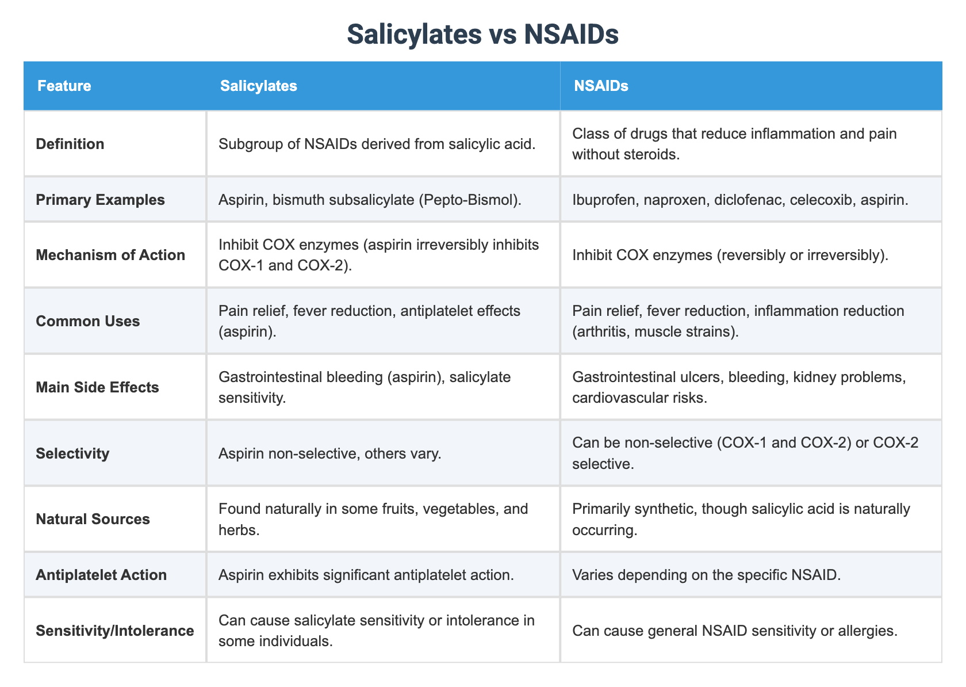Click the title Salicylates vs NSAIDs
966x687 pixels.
(482, 35)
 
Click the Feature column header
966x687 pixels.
(64, 86)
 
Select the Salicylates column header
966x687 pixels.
(258, 86)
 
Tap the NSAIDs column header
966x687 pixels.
(600, 86)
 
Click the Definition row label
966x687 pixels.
(70, 144)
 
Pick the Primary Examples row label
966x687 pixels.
(100, 200)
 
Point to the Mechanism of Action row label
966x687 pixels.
(110, 255)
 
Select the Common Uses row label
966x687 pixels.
(87, 321)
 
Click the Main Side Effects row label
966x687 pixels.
(97, 387)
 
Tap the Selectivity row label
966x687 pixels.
(72, 453)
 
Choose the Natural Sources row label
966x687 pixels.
(93, 519)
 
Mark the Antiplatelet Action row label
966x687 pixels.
(101, 575)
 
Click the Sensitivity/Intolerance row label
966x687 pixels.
(114, 631)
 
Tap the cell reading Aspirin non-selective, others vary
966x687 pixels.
(329, 453)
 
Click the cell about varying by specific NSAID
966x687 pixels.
(706, 575)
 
